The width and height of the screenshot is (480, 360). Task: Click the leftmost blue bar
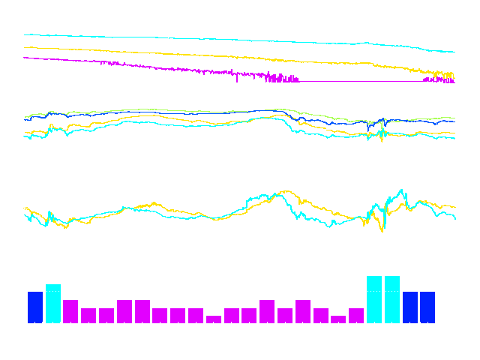[x=35, y=307]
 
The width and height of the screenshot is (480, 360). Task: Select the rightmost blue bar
[x=427, y=307]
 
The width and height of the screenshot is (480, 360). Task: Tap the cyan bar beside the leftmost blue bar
[x=53, y=304]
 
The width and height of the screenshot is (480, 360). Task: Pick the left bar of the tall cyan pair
[x=374, y=300]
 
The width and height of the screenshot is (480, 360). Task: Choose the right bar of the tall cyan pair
[x=392, y=300]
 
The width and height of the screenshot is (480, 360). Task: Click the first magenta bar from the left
[x=70, y=311]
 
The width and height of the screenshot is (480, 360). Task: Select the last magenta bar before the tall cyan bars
[x=356, y=315]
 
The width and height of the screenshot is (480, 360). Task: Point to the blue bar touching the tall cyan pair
[x=410, y=307]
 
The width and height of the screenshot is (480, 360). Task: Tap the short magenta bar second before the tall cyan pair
[x=338, y=319]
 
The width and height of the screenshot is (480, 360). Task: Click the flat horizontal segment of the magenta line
[x=360, y=81]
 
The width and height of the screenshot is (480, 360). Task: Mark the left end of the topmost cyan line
[x=25, y=34]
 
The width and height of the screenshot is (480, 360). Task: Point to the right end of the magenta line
[x=454, y=81]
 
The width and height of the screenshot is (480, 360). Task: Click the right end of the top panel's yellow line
[x=454, y=75]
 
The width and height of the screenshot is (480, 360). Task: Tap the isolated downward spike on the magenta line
[x=237, y=79]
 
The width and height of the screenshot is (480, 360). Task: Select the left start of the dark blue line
[x=25, y=119]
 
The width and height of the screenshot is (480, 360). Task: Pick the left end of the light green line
[x=25, y=116]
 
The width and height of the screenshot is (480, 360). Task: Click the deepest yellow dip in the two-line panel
[x=382, y=230]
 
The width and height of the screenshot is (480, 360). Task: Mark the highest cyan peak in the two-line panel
[x=402, y=190]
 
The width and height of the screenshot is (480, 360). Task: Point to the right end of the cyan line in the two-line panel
[x=454, y=217]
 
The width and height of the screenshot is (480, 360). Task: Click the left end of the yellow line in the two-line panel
[x=25, y=208]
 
